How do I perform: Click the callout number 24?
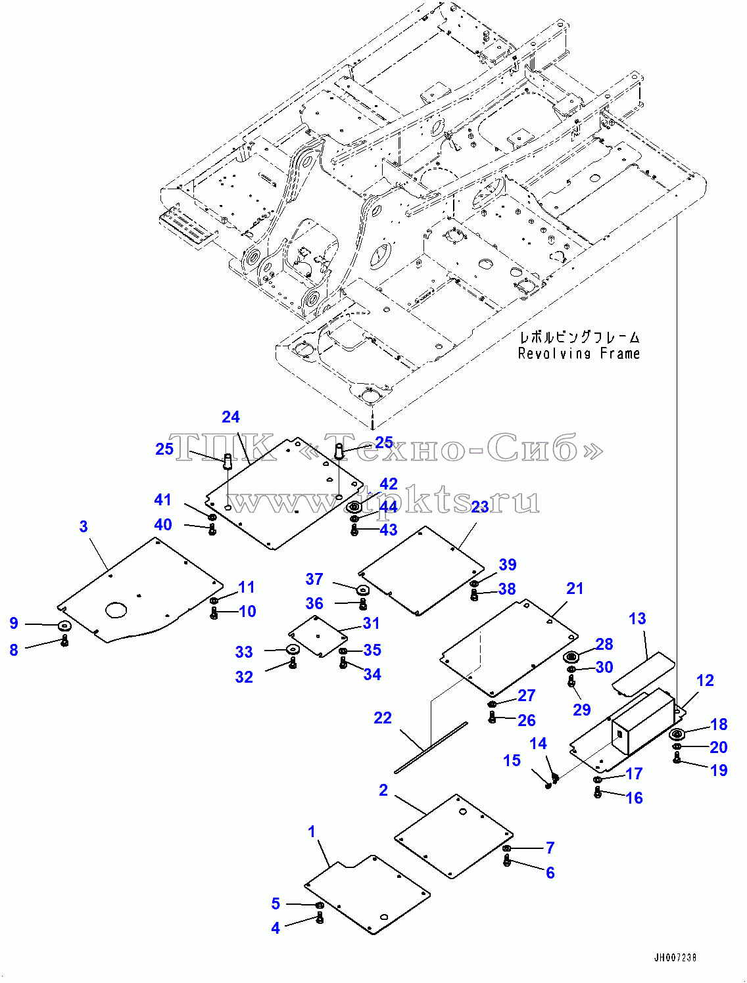pyautogui.click(x=231, y=417)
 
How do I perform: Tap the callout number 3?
pyautogui.click(x=84, y=527)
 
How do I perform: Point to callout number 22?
pyautogui.click(x=383, y=718)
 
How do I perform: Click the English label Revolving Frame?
pyautogui.click(x=579, y=354)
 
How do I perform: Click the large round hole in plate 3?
pyautogui.click(x=116, y=610)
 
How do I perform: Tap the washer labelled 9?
pyautogui.click(x=65, y=625)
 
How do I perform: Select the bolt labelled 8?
pyautogui.click(x=65, y=641)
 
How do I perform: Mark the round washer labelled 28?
pyautogui.click(x=571, y=657)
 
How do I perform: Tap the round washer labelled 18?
pyautogui.click(x=677, y=735)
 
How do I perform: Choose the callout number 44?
pyautogui.click(x=388, y=507)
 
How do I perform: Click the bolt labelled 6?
pyautogui.click(x=507, y=860)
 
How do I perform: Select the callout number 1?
pyautogui.click(x=312, y=832)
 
